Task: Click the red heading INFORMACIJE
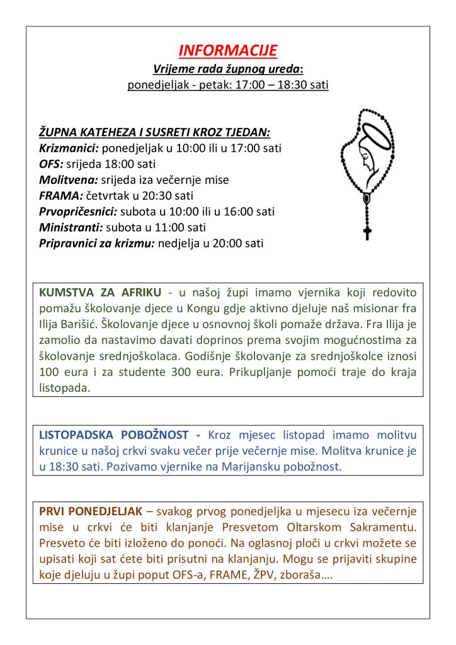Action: [227, 51]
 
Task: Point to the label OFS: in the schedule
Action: [50, 164]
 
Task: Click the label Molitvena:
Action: [69, 180]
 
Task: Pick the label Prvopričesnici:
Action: [78, 212]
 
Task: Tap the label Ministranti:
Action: [71, 227]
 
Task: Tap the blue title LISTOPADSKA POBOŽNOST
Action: [113, 435]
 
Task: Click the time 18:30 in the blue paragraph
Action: [63, 467]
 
